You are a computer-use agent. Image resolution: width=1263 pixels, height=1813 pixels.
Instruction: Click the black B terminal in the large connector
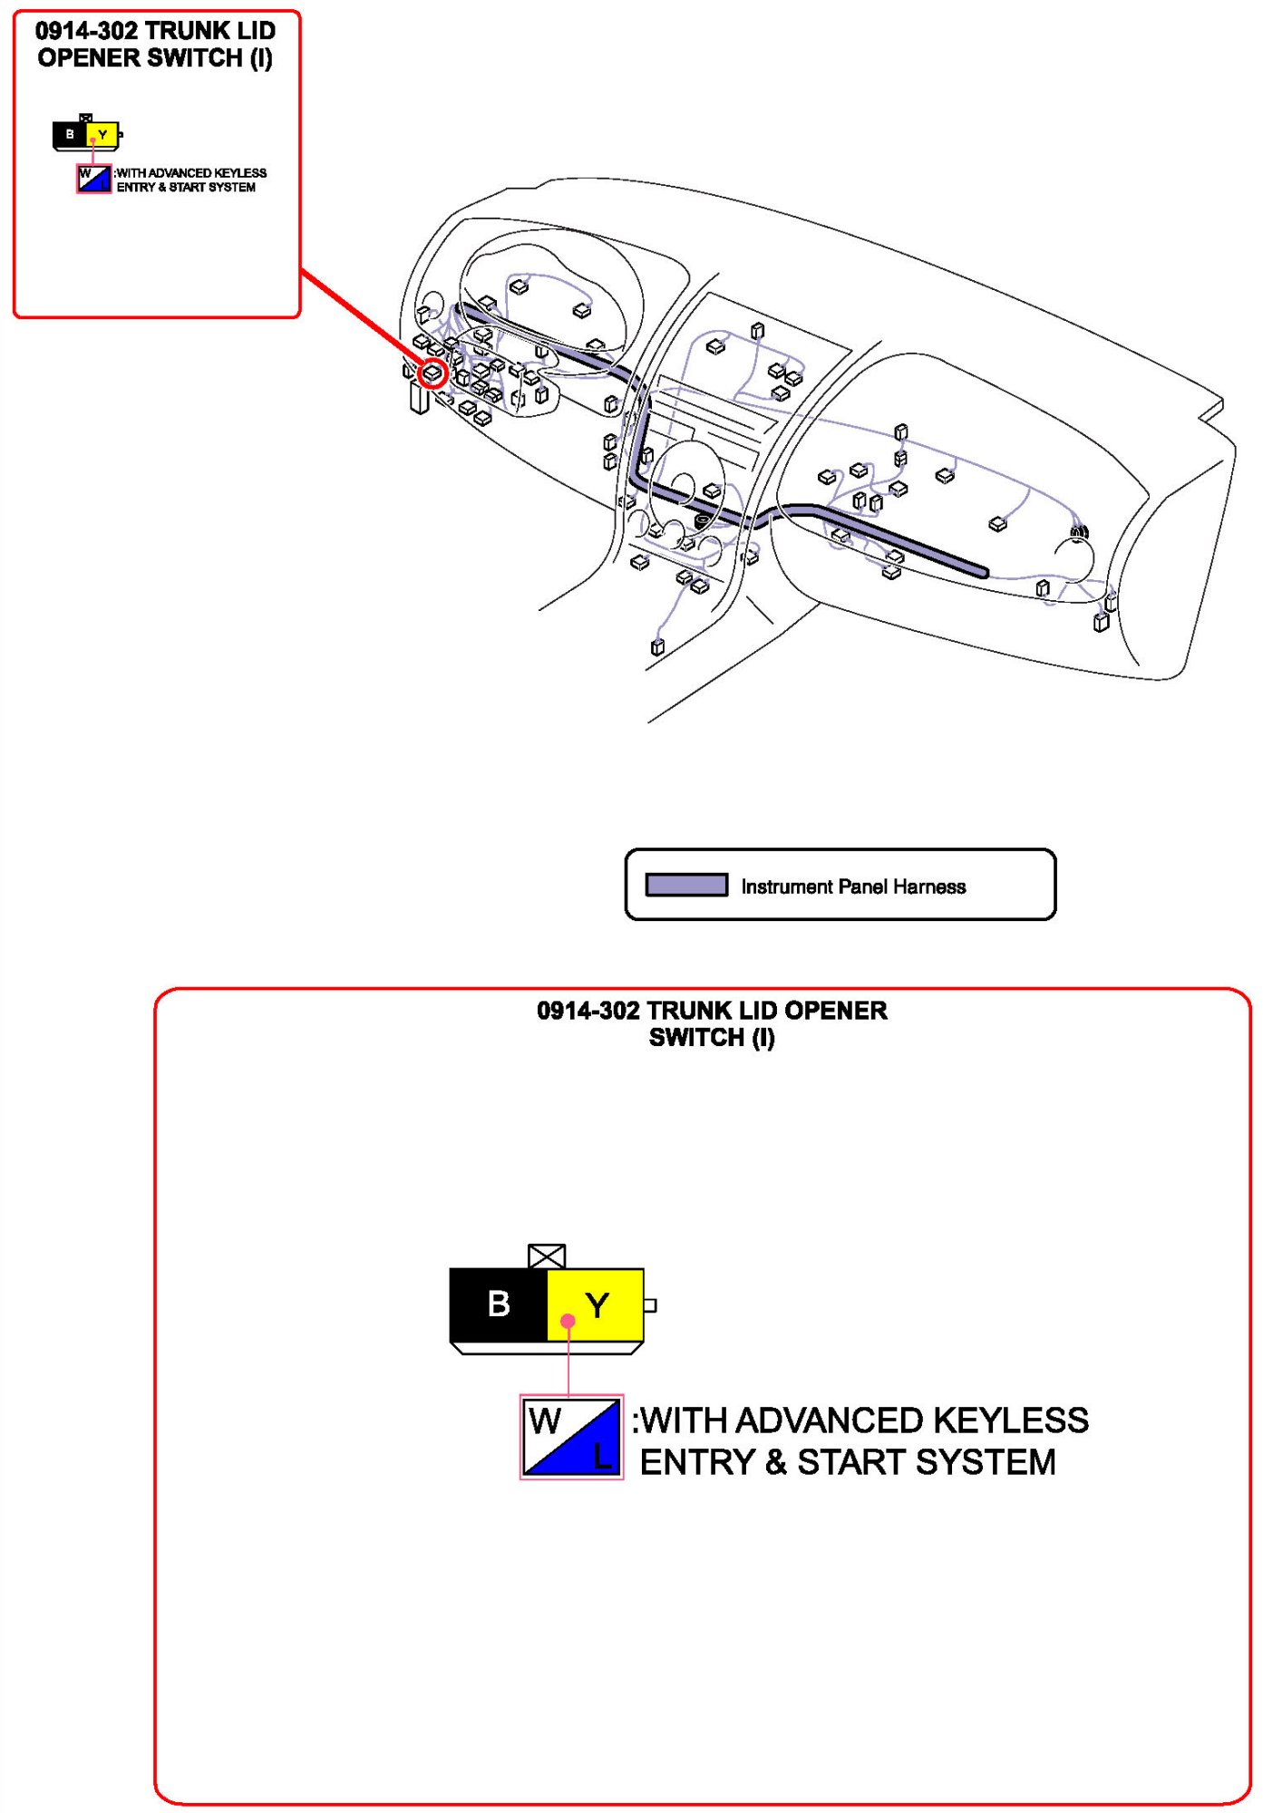(x=499, y=1304)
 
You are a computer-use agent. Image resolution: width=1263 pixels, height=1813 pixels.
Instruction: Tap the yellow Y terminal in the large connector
(x=596, y=1304)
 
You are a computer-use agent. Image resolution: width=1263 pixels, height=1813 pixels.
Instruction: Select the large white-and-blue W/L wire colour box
(x=571, y=1438)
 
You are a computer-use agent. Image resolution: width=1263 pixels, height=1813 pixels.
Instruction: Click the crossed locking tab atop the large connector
(x=547, y=1256)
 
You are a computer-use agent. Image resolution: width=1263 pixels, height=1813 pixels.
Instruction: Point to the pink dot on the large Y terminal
(x=568, y=1321)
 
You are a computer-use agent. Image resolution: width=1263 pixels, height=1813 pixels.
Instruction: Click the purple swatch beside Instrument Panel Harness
(x=686, y=885)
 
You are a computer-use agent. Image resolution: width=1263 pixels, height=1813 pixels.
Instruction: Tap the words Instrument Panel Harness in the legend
(x=853, y=887)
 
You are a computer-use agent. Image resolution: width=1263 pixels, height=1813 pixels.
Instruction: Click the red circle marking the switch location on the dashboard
(x=433, y=373)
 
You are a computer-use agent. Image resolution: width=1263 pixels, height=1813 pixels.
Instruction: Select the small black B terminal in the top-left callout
(x=70, y=134)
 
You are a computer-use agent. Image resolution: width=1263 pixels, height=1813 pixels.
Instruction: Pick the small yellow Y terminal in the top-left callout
(x=102, y=134)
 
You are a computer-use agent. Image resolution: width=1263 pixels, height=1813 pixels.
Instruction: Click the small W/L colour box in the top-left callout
(x=93, y=179)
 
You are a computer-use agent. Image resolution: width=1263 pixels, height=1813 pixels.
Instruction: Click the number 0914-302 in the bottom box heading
(x=588, y=1010)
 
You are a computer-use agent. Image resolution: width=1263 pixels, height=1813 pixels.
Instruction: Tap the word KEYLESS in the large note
(x=1011, y=1420)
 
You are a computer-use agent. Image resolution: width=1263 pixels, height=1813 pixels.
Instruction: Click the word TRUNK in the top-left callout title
(x=183, y=31)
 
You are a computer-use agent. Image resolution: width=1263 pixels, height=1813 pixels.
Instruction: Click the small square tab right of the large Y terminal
(x=649, y=1305)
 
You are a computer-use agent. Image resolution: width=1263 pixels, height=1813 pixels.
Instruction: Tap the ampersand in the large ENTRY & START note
(x=775, y=1462)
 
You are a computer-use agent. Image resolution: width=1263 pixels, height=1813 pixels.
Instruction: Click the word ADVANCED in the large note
(x=833, y=1420)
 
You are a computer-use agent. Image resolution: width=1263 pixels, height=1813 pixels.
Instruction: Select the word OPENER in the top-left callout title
(x=89, y=58)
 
